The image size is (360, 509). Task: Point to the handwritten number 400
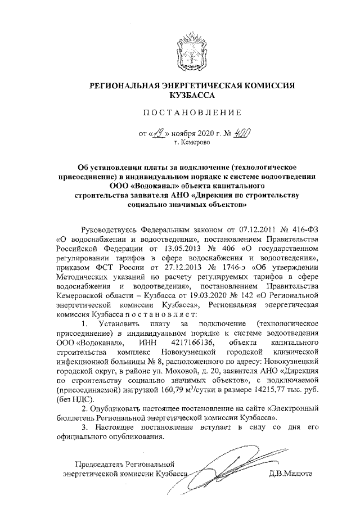pos(242,134)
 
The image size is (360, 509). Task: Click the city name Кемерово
pos(192,144)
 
